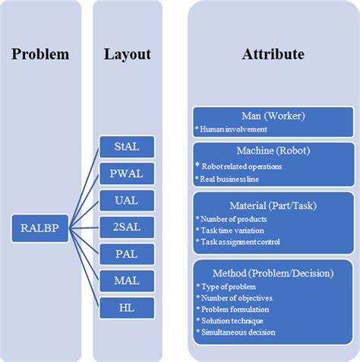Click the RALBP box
(x=36, y=226)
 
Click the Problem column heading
(x=39, y=55)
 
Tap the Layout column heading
(x=127, y=55)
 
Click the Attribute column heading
(x=273, y=55)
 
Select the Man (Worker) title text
(x=273, y=116)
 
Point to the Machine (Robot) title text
(x=273, y=151)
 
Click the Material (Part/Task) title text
(x=273, y=205)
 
